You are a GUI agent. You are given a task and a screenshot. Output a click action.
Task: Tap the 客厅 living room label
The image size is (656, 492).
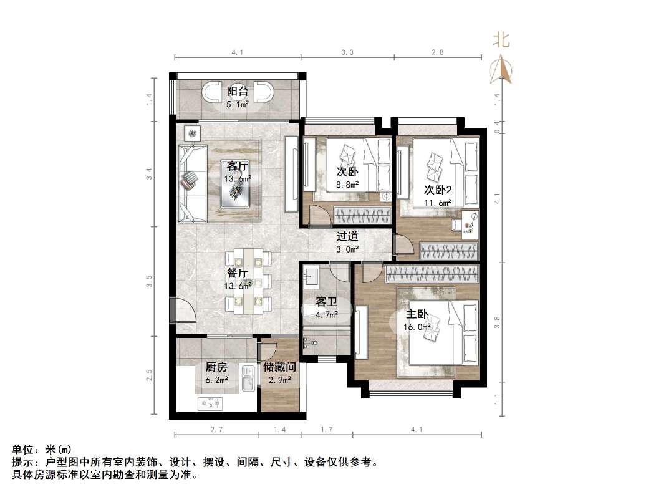(238, 166)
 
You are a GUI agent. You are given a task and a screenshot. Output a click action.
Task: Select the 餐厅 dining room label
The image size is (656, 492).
(238, 273)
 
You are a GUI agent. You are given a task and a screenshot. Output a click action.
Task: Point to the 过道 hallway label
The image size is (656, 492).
(347, 236)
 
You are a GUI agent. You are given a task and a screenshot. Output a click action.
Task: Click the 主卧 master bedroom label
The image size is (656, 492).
(417, 314)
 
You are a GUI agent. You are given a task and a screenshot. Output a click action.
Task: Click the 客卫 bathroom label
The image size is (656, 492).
(326, 302)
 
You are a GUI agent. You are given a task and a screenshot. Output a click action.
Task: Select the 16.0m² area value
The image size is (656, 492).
(418, 327)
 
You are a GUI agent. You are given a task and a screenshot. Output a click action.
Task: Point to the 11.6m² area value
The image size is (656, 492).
(438, 203)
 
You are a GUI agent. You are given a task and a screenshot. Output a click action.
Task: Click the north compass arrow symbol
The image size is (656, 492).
(502, 69)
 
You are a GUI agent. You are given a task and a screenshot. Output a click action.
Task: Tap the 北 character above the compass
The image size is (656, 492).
(502, 41)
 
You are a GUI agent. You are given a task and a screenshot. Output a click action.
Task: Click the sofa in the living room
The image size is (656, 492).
(192, 182)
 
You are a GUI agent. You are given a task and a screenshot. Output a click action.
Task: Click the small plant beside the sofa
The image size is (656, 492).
(192, 132)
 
